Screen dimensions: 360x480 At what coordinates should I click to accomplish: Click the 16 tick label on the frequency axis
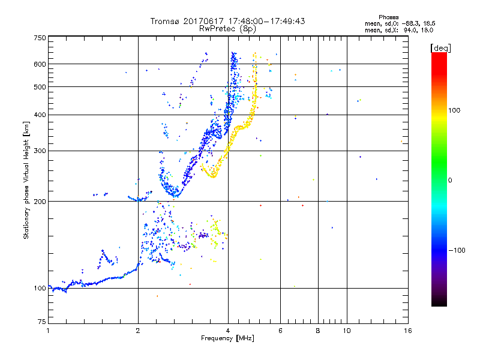(407, 331)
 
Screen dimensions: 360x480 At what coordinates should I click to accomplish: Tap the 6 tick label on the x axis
(280, 331)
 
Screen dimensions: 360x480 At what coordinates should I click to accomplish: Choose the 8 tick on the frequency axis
(317, 331)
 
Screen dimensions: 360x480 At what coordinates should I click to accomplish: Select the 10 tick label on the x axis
(346, 331)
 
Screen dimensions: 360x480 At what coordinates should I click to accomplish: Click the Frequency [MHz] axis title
(228, 339)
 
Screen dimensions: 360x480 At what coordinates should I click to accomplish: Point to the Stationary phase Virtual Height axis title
(26, 180)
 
